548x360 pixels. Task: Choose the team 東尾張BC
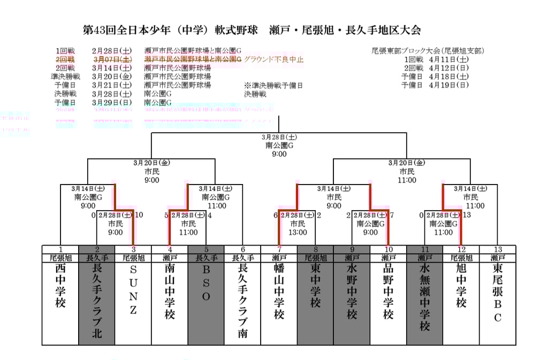[x=498, y=294]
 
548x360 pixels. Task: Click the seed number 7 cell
[x=279, y=249]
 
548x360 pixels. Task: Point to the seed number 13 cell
[x=498, y=249]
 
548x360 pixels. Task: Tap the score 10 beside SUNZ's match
[x=139, y=215]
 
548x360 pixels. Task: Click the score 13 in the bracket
[x=467, y=215]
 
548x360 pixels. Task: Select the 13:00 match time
[x=298, y=232]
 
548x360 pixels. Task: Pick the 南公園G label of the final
[x=279, y=145]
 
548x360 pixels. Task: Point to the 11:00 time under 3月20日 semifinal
[x=407, y=180]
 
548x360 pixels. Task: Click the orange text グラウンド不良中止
[x=273, y=59]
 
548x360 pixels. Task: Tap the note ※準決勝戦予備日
[x=273, y=85]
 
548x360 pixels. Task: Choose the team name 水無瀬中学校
[x=425, y=297]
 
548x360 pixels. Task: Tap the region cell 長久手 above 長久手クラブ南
[x=242, y=258]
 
